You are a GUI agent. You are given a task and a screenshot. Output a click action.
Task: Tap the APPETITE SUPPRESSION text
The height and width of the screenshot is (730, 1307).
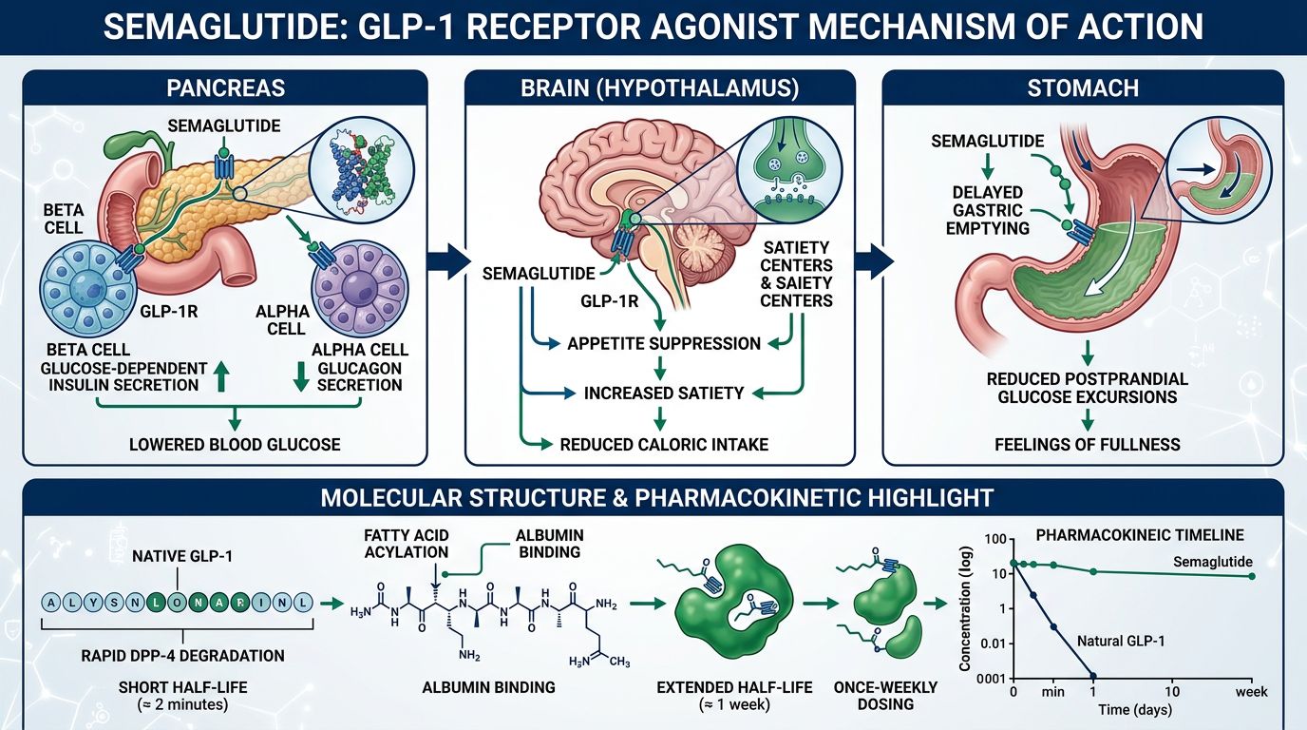664,343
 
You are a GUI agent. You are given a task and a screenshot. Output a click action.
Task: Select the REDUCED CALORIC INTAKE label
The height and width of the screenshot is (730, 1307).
664,444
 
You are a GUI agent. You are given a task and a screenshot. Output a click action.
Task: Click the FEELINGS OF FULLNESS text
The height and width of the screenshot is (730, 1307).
1087,444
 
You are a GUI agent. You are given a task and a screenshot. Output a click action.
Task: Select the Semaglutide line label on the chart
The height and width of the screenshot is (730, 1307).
1213,562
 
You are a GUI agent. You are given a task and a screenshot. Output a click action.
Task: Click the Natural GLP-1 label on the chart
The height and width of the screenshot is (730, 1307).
1122,641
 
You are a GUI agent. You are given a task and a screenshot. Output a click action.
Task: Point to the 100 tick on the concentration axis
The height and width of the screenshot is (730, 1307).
994,540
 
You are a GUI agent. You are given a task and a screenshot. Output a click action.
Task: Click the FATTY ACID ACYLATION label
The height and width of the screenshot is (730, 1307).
406,545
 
